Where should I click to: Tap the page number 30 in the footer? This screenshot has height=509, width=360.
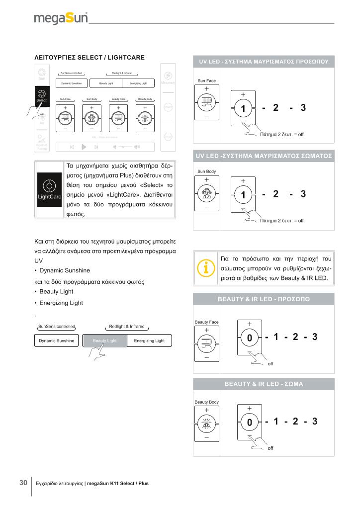tap(23, 483)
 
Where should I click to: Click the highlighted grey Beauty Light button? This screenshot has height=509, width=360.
tap(104, 340)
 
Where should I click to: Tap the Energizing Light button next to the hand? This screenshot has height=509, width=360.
tap(149, 340)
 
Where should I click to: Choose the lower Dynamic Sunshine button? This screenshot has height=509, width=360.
tap(57, 340)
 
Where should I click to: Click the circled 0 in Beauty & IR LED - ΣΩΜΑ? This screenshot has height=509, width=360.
tap(250, 423)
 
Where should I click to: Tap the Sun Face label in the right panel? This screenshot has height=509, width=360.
tap(206, 81)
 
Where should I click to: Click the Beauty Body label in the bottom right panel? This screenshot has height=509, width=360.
tap(207, 402)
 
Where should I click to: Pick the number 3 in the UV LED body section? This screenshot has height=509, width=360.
tap(303, 194)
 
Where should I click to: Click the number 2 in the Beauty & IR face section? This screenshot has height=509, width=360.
tap(295, 337)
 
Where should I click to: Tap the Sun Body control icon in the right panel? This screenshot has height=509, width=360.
tap(207, 194)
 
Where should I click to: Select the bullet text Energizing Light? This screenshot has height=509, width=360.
tap(61, 303)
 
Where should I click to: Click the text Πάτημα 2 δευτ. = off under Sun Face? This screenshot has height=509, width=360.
tap(281, 134)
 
